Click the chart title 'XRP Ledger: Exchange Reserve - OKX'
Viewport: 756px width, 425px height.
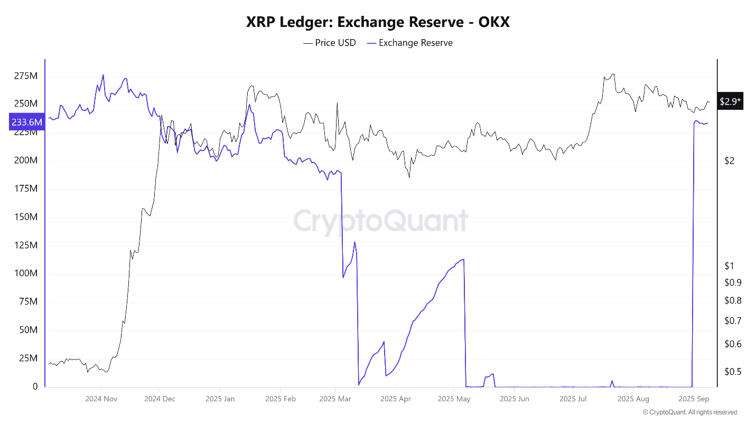[378, 22]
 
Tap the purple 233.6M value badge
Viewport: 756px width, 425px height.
[26, 122]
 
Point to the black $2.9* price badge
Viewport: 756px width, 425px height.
[730, 101]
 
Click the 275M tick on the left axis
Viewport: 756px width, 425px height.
[26, 76]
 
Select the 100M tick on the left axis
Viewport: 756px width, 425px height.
[26, 273]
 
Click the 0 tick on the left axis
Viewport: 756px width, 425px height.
[35, 386]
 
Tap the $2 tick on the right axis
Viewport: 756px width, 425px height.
[730, 161]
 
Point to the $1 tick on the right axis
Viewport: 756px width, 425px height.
[730, 266]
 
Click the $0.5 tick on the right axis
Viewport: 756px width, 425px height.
[733, 372]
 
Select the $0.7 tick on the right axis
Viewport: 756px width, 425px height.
[733, 320]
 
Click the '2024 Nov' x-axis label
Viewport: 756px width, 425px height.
[101, 399]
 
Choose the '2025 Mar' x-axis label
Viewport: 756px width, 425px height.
[335, 399]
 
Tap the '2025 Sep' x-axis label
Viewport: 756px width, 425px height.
[694, 399]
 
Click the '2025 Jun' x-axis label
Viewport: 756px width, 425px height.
[515, 399]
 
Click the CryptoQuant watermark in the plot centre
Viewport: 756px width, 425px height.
[380, 221]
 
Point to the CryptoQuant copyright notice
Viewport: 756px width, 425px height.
[689, 412]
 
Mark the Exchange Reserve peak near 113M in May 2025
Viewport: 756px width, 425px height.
[463, 259]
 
